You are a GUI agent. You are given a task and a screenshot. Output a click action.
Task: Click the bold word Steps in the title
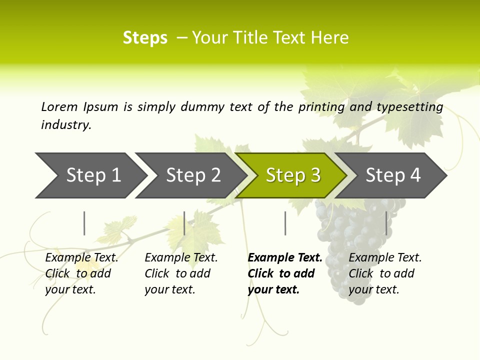(145, 37)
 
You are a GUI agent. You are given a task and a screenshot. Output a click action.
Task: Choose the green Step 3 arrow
(293, 175)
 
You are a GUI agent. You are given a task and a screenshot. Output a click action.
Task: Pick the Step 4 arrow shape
(393, 175)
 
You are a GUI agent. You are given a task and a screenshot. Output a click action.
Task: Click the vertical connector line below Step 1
(84, 223)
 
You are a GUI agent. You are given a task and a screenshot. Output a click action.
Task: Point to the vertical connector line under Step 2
(184, 223)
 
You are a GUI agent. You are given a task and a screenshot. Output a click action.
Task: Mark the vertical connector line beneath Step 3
(285, 223)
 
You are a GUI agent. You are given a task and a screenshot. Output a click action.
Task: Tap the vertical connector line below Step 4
(386, 223)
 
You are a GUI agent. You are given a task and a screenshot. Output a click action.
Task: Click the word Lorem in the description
(59, 107)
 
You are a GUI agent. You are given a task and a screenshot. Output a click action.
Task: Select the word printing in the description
(321, 107)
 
